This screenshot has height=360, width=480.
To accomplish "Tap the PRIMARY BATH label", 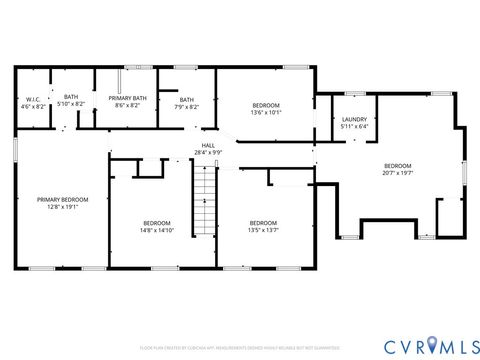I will tap(127, 99).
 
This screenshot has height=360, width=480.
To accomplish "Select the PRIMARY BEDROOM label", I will tap(57, 200).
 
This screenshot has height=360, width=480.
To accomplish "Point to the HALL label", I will tap(208, 146).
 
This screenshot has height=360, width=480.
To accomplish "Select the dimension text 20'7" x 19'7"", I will tap(397, 172).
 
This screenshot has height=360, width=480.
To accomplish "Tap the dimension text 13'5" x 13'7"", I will tap(263, 230).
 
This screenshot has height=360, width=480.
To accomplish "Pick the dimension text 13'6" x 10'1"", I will tap(266, 113).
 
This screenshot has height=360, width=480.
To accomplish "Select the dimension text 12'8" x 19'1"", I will tap(57, 207).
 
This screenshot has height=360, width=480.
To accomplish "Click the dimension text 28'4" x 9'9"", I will tap(208, 153).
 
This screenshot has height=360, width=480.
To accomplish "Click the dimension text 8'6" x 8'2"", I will tap(127, 105).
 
